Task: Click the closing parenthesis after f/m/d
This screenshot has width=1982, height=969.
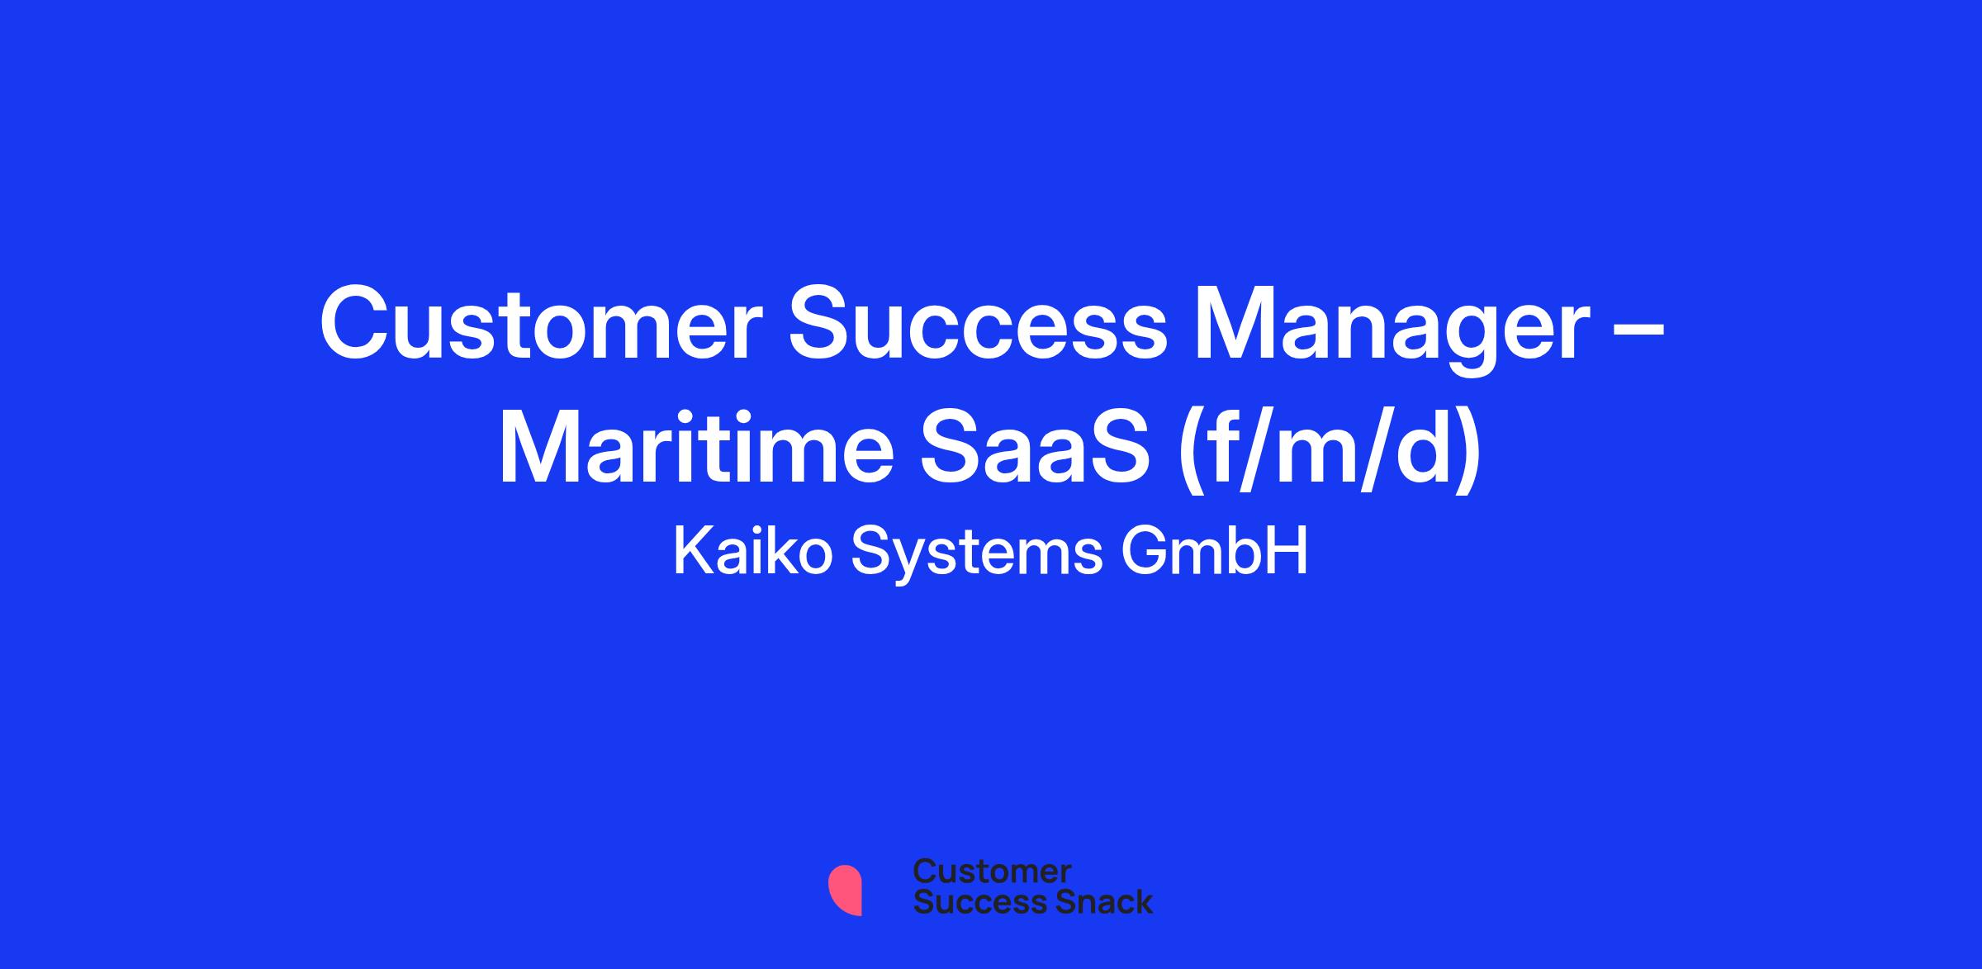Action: point(1467,453)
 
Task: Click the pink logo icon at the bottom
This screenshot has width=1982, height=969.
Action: point(846,890)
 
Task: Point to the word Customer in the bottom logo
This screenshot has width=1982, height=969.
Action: point(992,872)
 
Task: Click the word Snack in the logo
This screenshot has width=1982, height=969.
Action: point(1093,901)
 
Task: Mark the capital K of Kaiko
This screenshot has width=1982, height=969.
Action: point(693,551)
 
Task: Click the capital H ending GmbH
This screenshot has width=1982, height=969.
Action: point(1290,551)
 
